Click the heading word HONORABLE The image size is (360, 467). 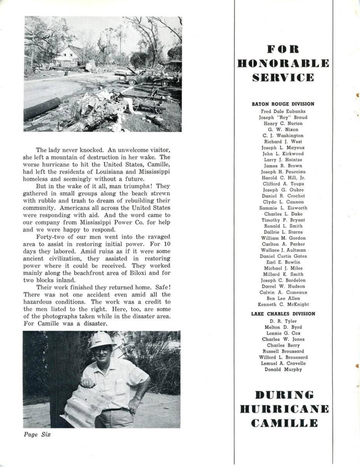pos(283,63)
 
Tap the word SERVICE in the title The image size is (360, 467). pos(283,77)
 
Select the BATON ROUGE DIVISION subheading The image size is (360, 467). pos(283,104)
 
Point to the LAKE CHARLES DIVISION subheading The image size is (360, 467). pos(283,314)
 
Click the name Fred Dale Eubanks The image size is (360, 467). pos(283,111)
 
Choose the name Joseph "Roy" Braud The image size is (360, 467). pos(283,117)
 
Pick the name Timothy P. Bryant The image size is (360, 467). pos(283,220)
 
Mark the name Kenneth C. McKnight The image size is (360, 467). pos(283,304)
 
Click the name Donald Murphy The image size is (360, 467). pos(283,369)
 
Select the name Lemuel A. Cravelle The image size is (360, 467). pos(283,363)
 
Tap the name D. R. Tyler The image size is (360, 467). pos(283,321)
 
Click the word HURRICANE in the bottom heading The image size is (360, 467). pos(284,409)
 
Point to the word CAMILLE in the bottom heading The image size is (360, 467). pos(284,423)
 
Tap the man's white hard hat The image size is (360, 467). pos(102,340)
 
